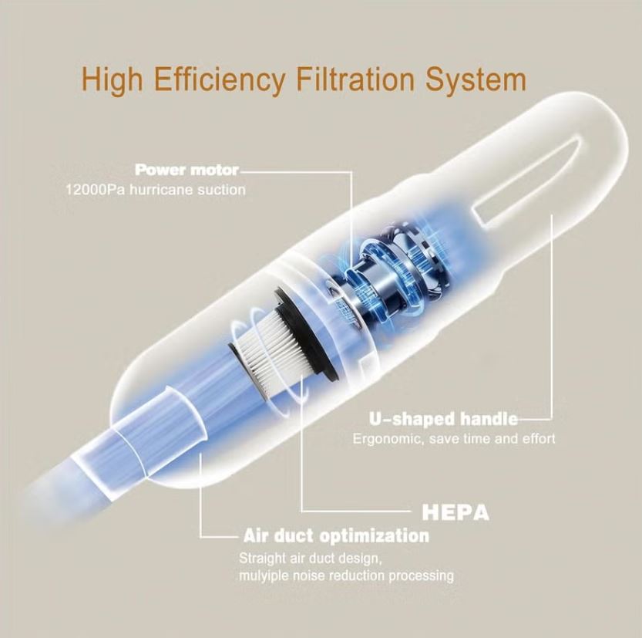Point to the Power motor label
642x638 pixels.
pyautogui.click(x=187, y=169)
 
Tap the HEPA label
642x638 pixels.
pyautogui.click(x=455, y=511)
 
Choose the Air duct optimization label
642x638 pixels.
pyautogui.click(x=336, y=535)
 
